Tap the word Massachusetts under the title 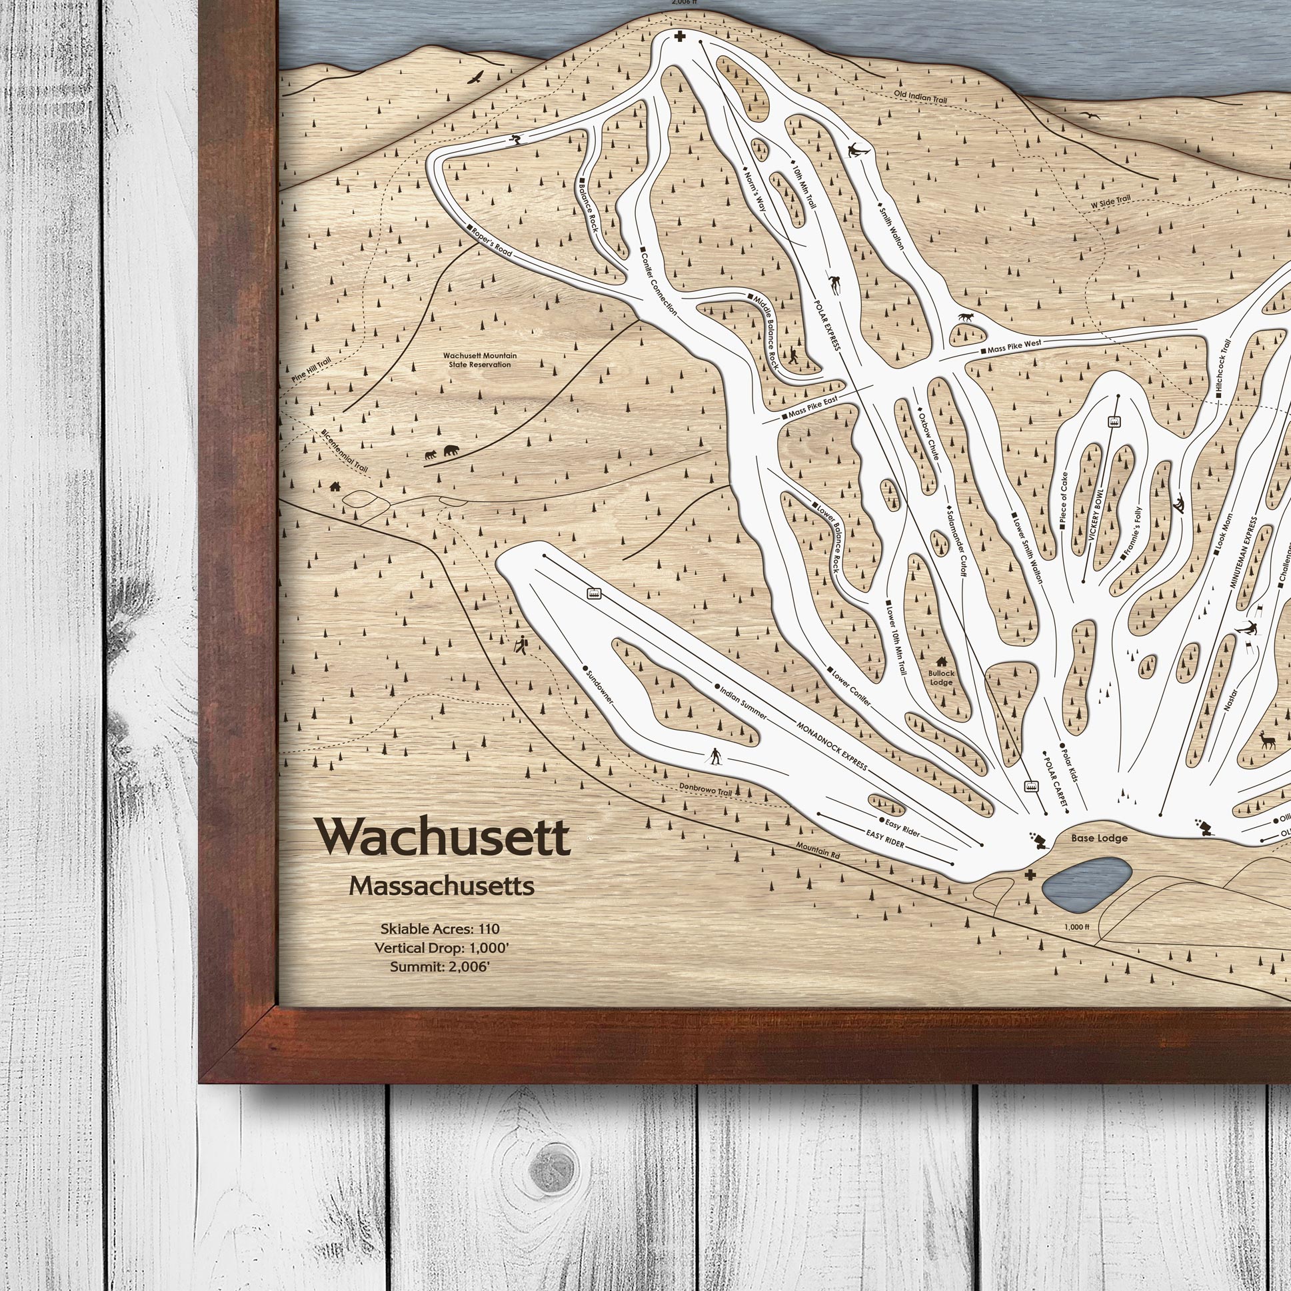pos(442,886)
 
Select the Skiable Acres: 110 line pos(440,929)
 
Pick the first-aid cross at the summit pos(680,37)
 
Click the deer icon pos(1266,741)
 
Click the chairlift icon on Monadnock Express pos(593,593)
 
